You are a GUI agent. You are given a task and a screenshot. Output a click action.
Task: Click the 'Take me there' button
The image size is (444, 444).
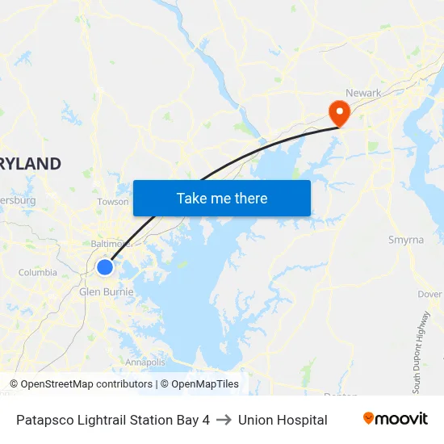point(222,198)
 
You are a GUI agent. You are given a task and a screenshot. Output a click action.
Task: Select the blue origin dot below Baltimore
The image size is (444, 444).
point(105,267)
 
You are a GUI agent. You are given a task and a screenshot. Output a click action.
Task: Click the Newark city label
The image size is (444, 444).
point(363,93)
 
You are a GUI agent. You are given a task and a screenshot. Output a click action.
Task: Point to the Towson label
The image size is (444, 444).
point(113,202)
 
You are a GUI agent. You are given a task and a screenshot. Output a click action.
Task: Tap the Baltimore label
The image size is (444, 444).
point(110,243)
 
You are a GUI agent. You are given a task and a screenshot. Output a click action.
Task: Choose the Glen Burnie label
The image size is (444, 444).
point(106,291)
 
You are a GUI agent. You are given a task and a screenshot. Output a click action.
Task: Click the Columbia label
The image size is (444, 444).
point(38,273)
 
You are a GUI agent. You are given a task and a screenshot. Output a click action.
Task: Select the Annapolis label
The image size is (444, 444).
point(145,362)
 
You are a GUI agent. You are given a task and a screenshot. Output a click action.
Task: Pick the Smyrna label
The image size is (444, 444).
point(406,240)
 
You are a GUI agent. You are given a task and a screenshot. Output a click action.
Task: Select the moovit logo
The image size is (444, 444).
point(395,419)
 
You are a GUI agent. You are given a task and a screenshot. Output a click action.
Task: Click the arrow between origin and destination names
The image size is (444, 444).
point(224,420)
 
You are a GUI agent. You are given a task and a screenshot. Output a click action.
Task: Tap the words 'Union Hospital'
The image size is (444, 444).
point(283,420)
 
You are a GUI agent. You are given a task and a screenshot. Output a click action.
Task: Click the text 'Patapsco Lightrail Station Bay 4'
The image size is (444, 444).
point(113,420)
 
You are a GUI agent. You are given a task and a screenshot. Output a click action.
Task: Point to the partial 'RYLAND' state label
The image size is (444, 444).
point(30,164)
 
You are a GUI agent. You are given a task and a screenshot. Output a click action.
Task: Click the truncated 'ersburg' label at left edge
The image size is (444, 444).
point(18,199)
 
